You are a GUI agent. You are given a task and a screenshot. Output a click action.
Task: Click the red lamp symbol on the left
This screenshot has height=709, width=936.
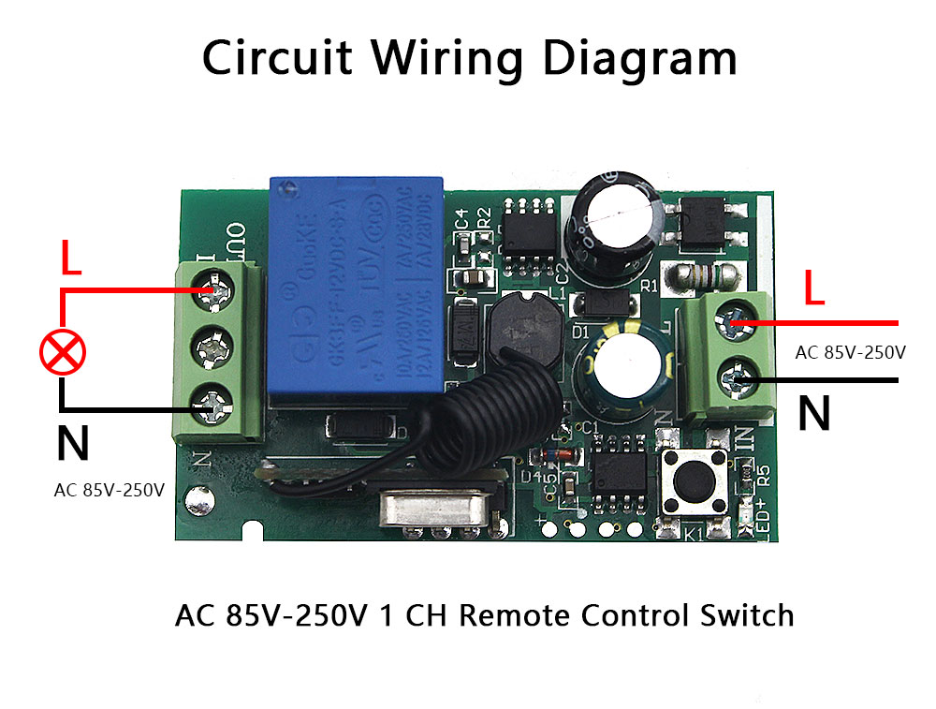tap(63, 352)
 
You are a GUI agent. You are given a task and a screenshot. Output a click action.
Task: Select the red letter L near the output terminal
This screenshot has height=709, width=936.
tap(71, 259)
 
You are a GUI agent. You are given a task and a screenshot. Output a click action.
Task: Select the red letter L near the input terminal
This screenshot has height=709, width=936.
tap(815, 289)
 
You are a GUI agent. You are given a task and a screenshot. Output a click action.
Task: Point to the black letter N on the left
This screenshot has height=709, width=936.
tap(73, 444)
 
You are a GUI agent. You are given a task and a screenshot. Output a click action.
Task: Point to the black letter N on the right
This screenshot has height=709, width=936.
tap(814, 413)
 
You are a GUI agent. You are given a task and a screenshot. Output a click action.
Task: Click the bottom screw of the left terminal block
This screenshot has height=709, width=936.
tap(212, 406)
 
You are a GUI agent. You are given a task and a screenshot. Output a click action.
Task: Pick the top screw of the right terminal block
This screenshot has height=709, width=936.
tap(733, 322)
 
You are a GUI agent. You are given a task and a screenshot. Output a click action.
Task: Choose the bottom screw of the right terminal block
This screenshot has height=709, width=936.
tap(733, 379)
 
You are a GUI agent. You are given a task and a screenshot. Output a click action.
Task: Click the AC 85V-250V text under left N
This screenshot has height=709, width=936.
tap(110, 490)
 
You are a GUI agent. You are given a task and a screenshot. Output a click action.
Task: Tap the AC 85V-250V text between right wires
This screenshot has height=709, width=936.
tap(850, 353)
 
